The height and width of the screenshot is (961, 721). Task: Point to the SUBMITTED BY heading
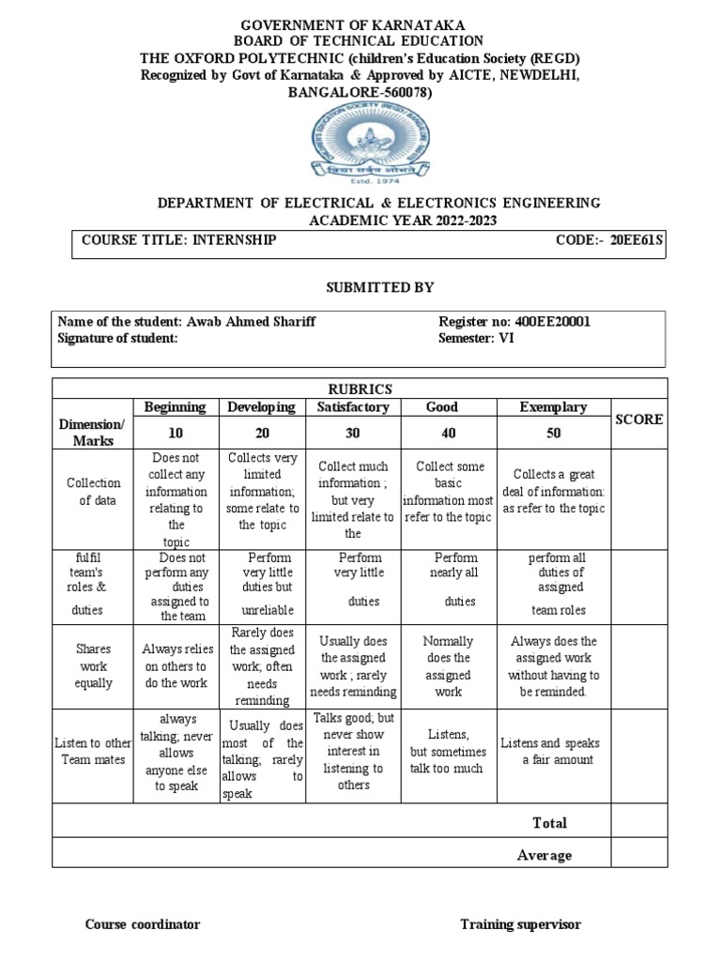(360, 287)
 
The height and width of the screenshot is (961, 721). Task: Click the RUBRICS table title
(360, 389)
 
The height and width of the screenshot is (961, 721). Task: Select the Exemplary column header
(553, 407)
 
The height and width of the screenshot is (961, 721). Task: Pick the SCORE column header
(638, 419)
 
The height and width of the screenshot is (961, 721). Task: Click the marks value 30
(353, 433)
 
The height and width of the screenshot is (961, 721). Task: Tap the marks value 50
(553, 433)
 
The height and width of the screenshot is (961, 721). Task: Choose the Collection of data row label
(94, 492)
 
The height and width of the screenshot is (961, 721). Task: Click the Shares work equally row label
(94, 665)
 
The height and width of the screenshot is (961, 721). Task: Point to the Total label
(549, 823)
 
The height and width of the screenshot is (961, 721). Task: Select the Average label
(544, 855)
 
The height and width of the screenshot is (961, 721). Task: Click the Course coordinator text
(143, 924)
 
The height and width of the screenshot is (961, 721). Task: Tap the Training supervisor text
(520, 924)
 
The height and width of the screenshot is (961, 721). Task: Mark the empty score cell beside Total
(638, 823)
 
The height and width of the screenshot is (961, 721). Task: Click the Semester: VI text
(477, 339)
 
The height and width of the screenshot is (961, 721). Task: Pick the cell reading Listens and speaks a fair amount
(553, 752)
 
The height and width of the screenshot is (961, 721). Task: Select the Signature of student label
(118, 339)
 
